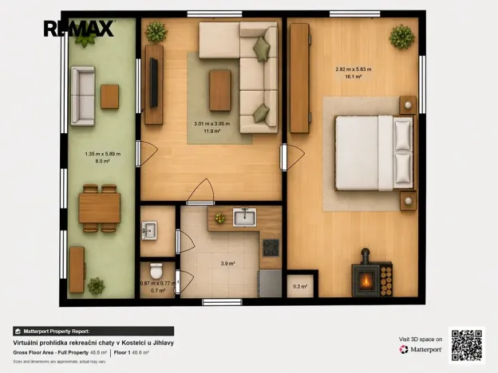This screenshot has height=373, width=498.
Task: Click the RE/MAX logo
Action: pyautogui.click(x=78, y=29)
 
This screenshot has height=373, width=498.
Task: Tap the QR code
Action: pyautogui.click(x=467, y=344)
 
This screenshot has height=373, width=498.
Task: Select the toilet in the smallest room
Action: pyautogui.click(x=156, y=271)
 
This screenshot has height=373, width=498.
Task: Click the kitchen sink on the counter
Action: pyautogui.click(x=243, y=217)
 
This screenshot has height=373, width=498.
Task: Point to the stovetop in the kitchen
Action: pyautogui.click(x=271, y=247)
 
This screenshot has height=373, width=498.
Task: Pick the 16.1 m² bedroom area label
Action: pyautogui.click(x=354, y=78)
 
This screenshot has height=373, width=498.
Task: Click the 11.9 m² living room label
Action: pyautogui.click(x=211, y=131)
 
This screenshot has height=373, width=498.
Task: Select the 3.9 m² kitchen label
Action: pyautogui.click(x=228, y=262)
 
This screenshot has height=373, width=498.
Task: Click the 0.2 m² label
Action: pyautogui.click(x=300, y=287)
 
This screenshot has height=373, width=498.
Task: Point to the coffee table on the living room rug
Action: pyautogui.click(x=219, y=89)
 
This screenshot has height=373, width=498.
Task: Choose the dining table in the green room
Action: pyautogui.click(x=99, y=208)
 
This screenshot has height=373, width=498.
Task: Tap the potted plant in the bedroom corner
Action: pyautogui.click(x=402, y=36)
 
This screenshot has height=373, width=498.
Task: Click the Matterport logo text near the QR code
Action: pyautogui.click(x=425, y=349)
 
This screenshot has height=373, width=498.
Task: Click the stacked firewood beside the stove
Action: pyautogui.click(x=386, y=280)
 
